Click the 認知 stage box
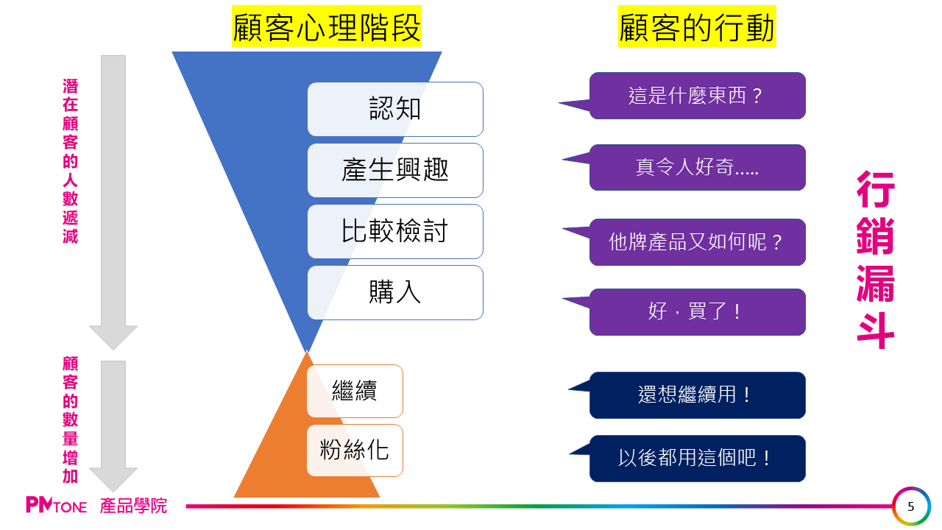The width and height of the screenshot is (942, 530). point(395,109)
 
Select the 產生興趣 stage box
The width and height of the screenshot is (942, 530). point(395,170)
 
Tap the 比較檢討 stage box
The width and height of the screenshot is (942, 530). point(395,231)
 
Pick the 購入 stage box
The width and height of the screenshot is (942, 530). point(395,292)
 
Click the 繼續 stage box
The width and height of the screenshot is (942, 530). point(355,391)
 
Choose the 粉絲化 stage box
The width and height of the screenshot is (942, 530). point(355,450)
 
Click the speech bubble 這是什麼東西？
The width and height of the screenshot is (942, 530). point(697,96)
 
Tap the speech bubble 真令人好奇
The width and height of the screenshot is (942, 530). point(697,167)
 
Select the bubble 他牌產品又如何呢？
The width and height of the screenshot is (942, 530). point(697,241)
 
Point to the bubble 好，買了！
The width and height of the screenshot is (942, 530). point(697,311)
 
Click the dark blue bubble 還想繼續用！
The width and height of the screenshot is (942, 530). point(697,395)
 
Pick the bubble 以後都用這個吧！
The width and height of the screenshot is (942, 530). point(697,458)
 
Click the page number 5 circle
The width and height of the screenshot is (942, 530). point(912,506)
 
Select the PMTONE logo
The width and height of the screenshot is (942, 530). point(56,506)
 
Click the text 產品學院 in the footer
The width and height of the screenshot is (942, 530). point(134,506)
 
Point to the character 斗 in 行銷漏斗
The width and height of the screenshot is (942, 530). point(876,331)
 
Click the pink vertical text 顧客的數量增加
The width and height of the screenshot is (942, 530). point(71,420)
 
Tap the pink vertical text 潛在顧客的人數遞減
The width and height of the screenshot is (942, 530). point(71,161)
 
